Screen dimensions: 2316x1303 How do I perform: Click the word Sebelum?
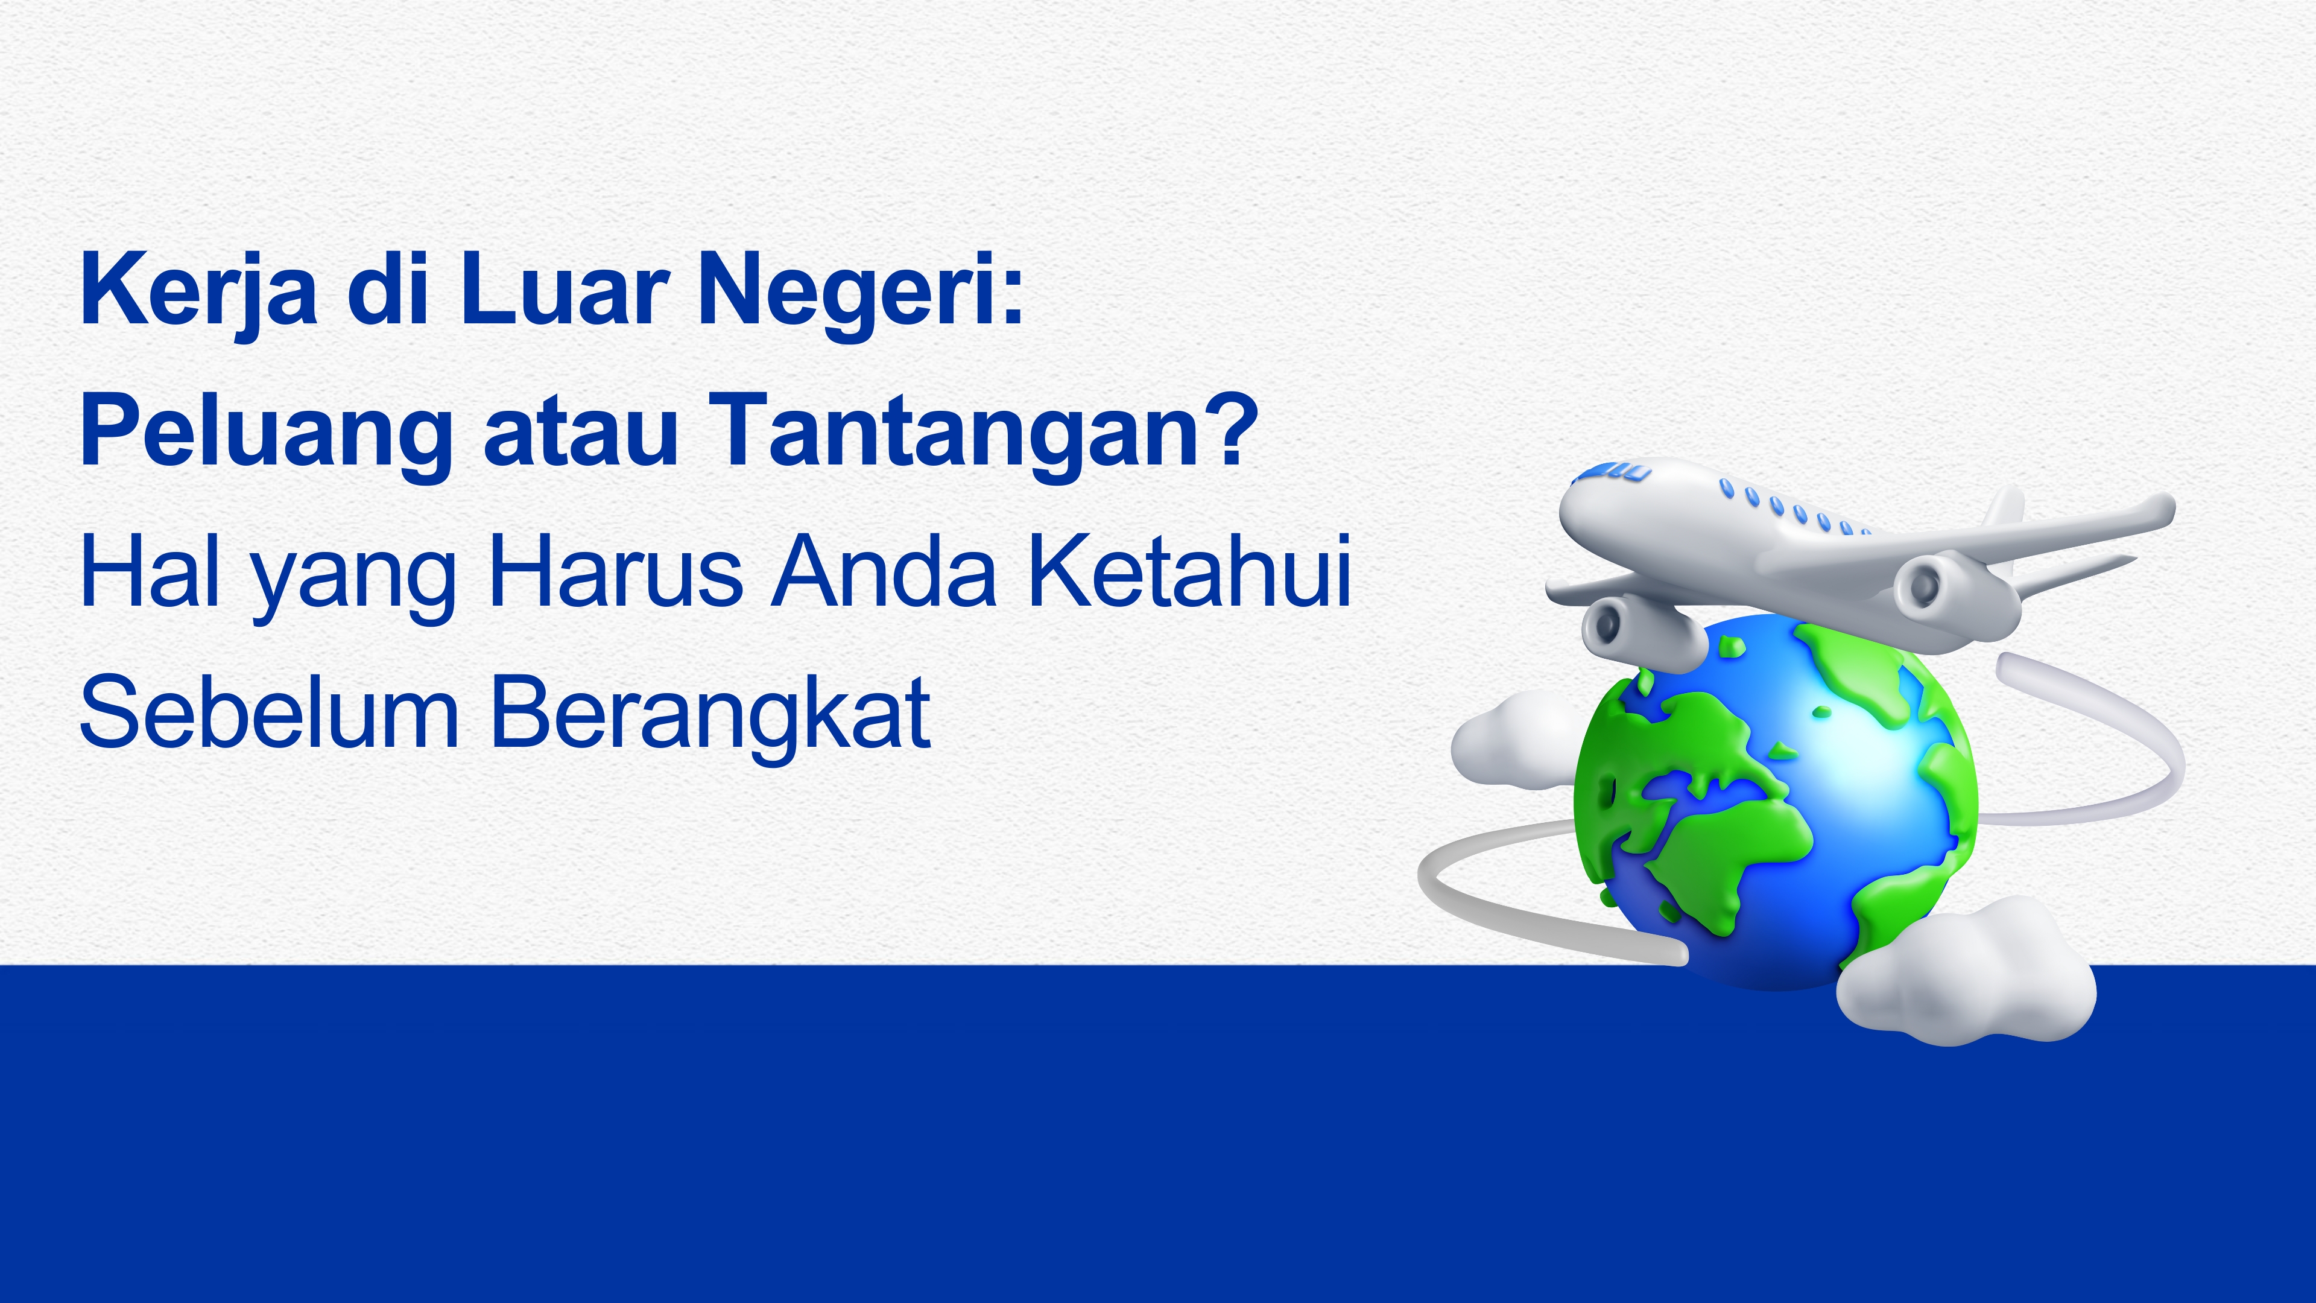pos(270,712)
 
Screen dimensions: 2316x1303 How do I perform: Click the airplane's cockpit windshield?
pos(1616,471)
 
